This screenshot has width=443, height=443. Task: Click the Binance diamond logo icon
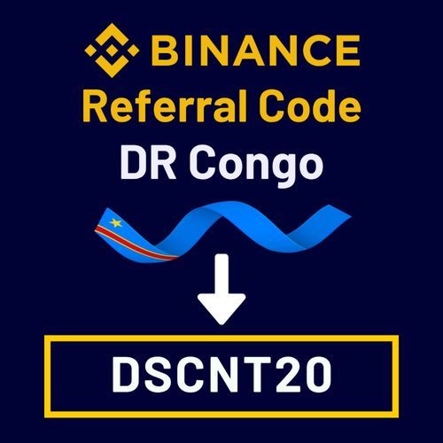pos(112,51)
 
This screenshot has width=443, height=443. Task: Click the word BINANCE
pos(256,51)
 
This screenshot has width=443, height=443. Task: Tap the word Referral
pos(164,105)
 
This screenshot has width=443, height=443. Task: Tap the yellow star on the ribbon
pos(116,222)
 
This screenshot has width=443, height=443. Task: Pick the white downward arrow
pos(221,290)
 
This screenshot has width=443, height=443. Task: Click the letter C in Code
pos(271,105)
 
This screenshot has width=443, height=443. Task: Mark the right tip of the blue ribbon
pos(351,217)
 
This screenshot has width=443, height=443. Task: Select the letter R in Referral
pos(95,105)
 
